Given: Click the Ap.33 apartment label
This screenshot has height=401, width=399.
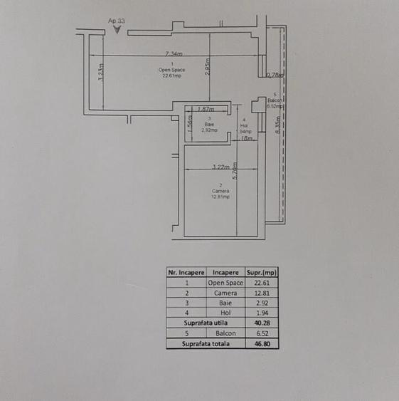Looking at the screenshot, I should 117,21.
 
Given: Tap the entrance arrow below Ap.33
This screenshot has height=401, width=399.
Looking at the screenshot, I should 117,30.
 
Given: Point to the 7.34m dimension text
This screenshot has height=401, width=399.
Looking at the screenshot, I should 174,53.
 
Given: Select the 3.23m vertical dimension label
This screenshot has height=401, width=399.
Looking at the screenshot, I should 101,73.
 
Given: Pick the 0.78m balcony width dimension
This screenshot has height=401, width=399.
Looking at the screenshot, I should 275,74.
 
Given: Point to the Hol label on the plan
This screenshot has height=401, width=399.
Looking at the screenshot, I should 244,125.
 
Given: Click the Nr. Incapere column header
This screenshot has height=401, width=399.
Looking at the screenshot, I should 186,272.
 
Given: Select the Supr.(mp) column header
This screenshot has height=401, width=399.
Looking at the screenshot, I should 261,272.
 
